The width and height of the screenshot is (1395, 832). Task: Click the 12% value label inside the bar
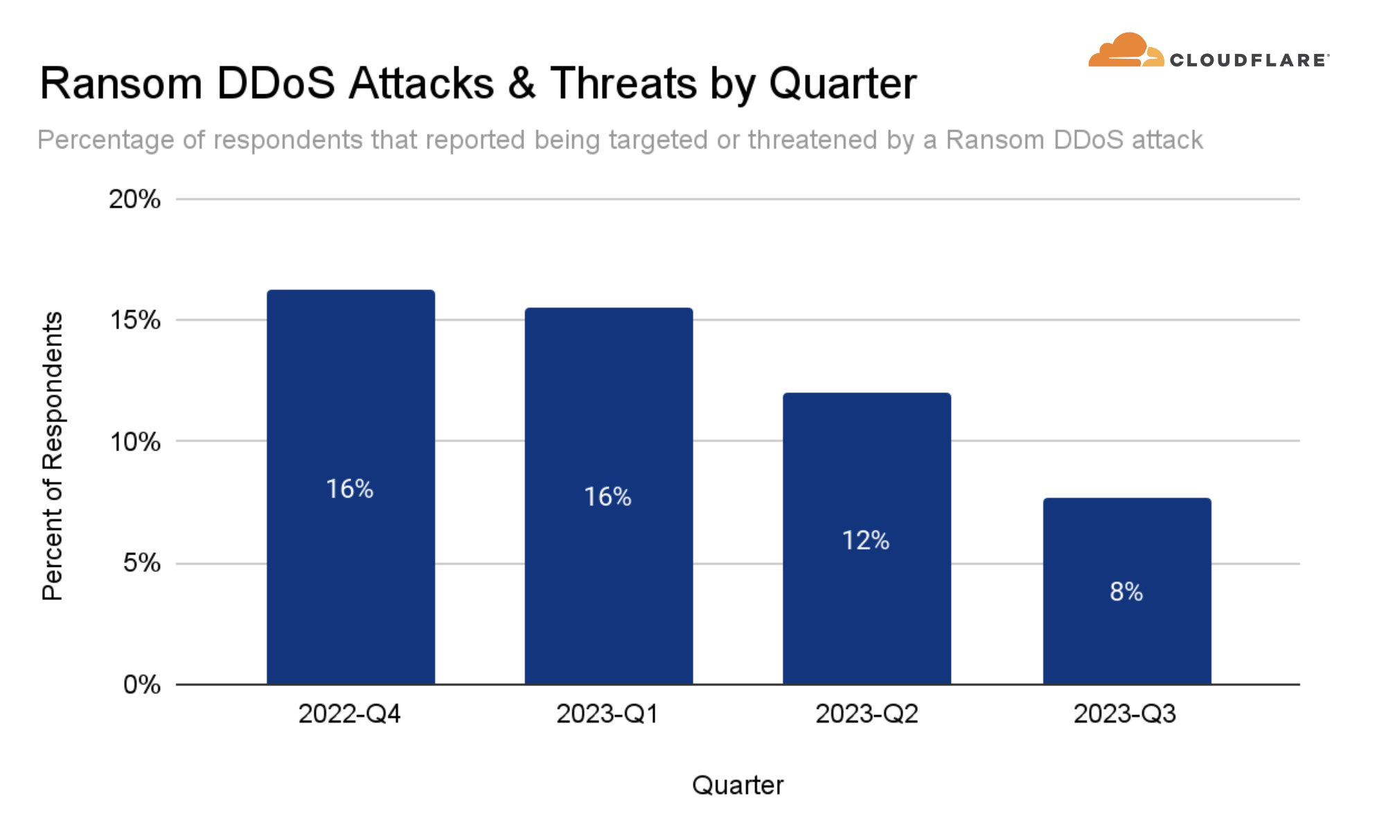point(866,541)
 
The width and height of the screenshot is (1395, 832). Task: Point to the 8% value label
point(1126,592)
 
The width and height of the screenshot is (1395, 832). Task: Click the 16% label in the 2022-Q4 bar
point(350,489)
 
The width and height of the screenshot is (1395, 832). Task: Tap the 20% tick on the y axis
point(134,199)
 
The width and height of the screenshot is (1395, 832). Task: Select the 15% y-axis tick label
point(135,320)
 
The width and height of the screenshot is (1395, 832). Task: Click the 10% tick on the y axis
point(135,442)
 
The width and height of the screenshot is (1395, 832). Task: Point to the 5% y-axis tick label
point(141,563)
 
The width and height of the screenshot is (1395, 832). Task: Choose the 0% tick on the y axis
point(141,685)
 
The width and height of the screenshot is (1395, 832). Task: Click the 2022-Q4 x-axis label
point(350,714)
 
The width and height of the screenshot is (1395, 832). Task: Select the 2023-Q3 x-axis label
point(1125,714)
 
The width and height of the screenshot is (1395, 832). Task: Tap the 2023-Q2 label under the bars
point(867,714)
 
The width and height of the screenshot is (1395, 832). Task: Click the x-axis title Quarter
point(738,785)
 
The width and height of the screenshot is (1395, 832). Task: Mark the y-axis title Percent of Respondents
point(53,456)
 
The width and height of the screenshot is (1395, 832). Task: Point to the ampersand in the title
point(521,84)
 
